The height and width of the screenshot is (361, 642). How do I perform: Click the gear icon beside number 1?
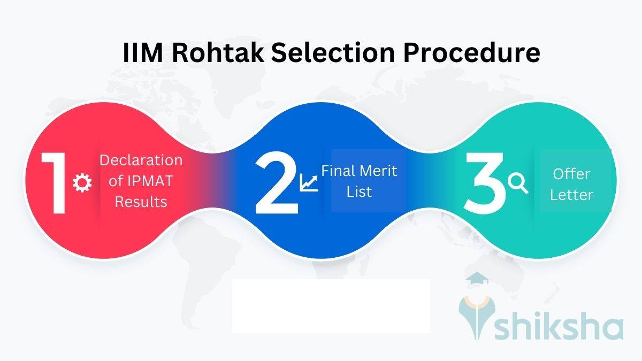pyautogui.click(x=82, y=183)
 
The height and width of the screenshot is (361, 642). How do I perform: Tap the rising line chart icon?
pyautogui.click(x=309, y=183)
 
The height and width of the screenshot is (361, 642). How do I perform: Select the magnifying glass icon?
pyautogui.click(x=518, y=183)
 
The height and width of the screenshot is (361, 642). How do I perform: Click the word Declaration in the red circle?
pyautogui.click(x=141, y=160)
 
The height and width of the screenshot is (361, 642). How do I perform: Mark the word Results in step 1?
pyautogui.click(x=141, y=202)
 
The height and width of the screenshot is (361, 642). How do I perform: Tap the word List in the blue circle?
pyautogui.click(x=359, y=191)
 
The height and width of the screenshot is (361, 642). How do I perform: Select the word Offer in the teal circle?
pyautogui.click(x=571, y=174)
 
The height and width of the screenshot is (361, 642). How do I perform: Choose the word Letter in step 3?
pyautogui.click(x=571, y=195)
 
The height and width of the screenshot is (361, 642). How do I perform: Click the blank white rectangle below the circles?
pyautogui.click(x=331, y=305)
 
